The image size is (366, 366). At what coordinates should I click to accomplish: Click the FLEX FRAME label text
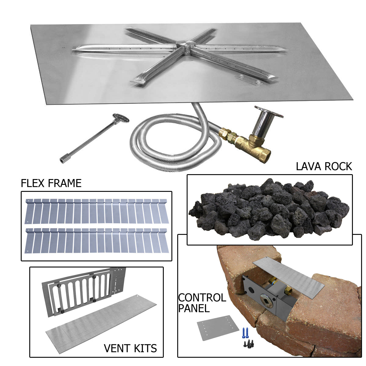[x=51, y=183]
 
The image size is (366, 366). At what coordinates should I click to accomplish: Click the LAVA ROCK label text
[x=324, y=167]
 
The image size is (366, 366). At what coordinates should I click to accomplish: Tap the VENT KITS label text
[x=130, y=348]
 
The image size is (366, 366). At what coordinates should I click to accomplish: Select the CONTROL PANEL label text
[x=202, y=303]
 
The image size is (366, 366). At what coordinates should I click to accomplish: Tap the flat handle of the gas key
[x=121, y=117]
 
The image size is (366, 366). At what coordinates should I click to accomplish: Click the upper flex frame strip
[x=97, y=211]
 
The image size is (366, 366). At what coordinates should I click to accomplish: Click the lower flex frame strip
[x=97, y=240]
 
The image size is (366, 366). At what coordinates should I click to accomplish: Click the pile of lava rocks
[x=268, y=209]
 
